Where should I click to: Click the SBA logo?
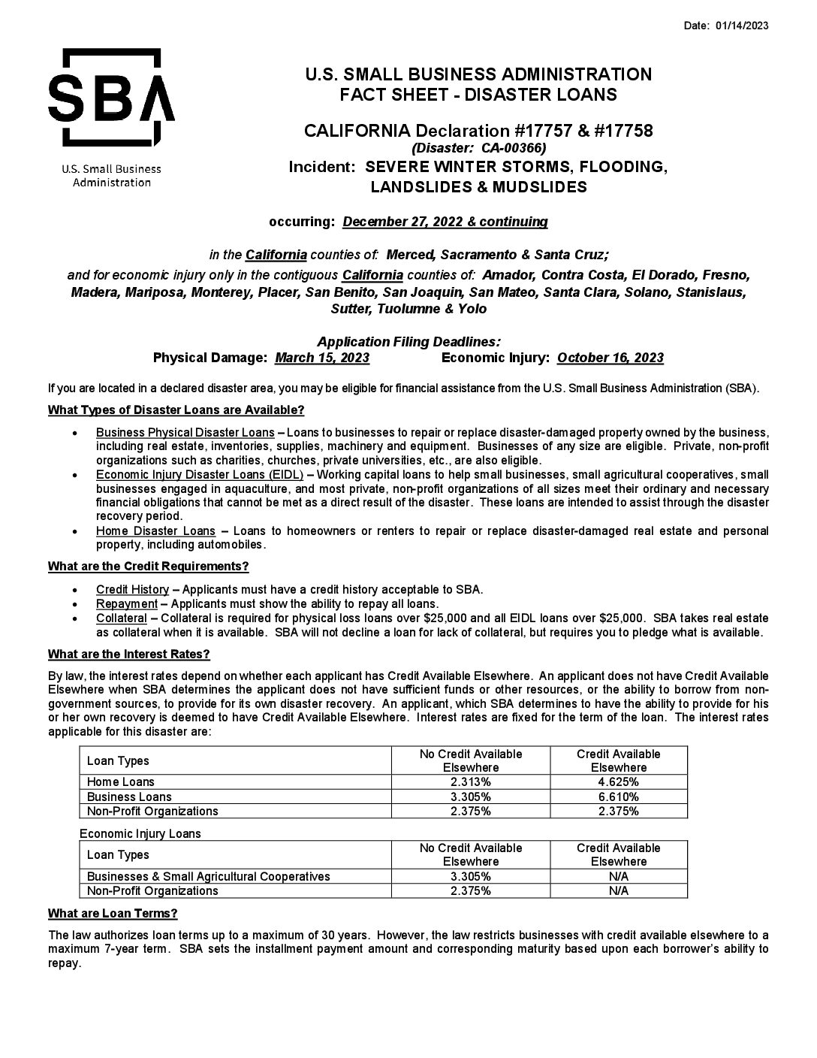click(111, 98)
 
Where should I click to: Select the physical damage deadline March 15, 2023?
click(322, 358)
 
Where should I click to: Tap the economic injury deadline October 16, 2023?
click(610, 358)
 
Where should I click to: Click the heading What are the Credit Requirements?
click(148, 566)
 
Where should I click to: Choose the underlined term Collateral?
click(121, 618)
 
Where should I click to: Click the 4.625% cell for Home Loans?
click(618, 781)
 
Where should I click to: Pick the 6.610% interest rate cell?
click(618, 797)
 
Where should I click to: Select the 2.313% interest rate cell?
click(470, 781)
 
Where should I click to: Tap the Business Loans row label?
click(129, 797)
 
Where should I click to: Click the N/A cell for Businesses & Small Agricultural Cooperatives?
click(618, 876)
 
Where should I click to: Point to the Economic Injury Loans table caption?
click(140, 833)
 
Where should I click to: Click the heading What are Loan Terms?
click(113, 914)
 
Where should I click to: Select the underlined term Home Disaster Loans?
click(155, 531)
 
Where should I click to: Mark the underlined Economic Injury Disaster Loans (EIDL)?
click(199, 474)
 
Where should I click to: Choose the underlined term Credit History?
click(132, 589)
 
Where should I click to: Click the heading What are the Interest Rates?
click(128, 654)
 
